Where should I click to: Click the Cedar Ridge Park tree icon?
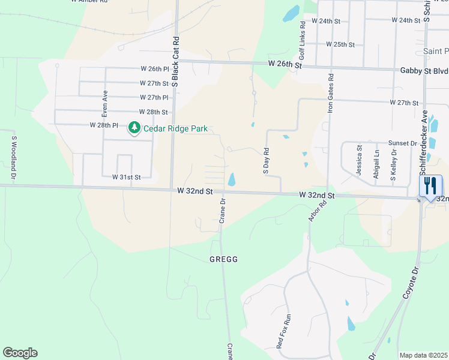coord(134,128)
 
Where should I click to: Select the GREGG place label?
coord(224,259)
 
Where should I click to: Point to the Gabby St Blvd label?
coord(424,70)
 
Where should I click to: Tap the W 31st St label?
coord(126,177)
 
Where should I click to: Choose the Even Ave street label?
coord(104,103)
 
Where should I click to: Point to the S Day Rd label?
coord(266,160)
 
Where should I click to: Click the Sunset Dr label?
coord(402,143)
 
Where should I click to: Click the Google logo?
coord(20,353)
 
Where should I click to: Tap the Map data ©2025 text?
coord(423,355)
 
